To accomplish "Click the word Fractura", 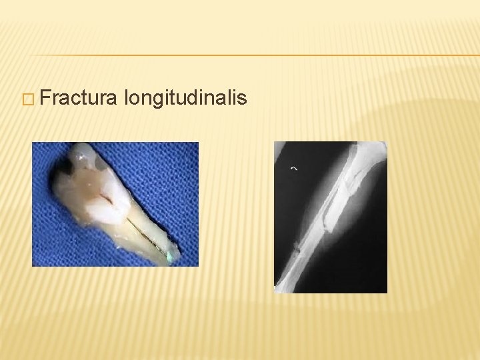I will pyautogui.click(x=78, y=99).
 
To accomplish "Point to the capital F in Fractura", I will pyautogui.click(x=44, y=99).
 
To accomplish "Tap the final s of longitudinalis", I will pyautogui.click(x=242, y=99).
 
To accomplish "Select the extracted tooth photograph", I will pyautogui.click(x=115, y=204).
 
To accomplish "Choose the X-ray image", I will pyautogui.click(x=331, y=217).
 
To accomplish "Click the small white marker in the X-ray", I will pyautogui.click(x=293, y=169).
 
